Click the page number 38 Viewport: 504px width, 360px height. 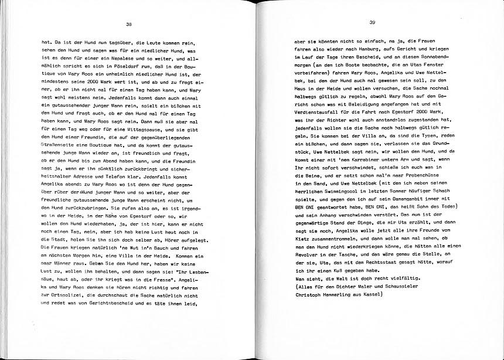click(x=129, y=24)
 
